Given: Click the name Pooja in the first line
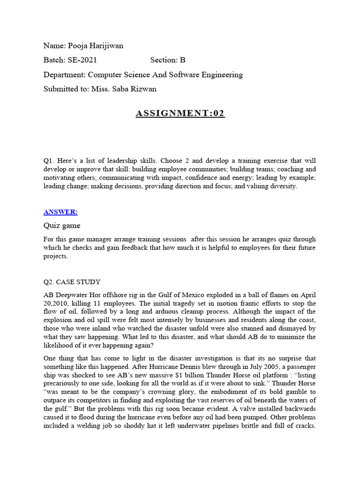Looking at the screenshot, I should pos(77,45).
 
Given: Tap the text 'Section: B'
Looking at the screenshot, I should pos(168,60).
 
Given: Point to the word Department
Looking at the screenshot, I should pos(65,75).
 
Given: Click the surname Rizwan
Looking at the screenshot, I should pos(141,89).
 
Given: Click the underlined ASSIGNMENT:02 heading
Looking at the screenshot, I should pos(180,114).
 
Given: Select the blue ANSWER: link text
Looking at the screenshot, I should pos(60,212).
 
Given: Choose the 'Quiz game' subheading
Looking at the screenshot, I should pos(61,226).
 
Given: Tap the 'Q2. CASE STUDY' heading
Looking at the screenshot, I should pos(72,282).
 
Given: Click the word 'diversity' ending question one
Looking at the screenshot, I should pos(282,186).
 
